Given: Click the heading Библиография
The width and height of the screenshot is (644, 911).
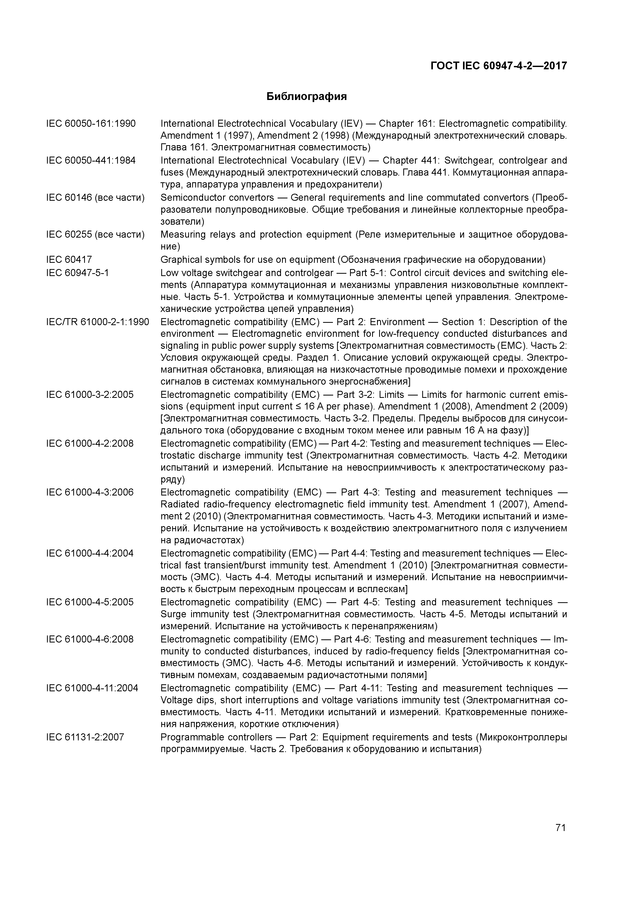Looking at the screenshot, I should pyautogui.click(x=306, y=96).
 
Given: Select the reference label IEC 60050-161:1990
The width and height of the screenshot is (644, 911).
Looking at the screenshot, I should pyautogui.click(x=91, y=124).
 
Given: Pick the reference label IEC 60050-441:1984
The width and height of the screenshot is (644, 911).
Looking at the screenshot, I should pyautogui.click(x=91, y=161).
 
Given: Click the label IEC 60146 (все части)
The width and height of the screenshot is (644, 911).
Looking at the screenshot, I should pyautogui.click(x=95, y=198).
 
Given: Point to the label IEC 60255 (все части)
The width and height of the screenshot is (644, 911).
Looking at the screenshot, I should pyautogui.click(x=95, y=235).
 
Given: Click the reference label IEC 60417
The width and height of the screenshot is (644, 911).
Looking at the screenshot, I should pyautogui.click(x=69, y=259).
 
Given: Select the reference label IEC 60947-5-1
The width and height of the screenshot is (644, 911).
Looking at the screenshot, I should pyautogui.click(x=77, y=273).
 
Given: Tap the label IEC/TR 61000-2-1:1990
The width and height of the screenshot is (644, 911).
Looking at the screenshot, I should pyautogui.click(x=98, y=322).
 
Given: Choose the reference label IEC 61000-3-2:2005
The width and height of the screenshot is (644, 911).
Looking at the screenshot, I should pyautogui.click(x=90, y=395).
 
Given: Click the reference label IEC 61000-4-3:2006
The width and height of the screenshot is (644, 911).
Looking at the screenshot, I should pyautogui.click(x=90, y=492).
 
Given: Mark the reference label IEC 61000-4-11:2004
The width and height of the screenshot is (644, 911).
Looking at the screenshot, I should pyautogui.click(x=92, y=688).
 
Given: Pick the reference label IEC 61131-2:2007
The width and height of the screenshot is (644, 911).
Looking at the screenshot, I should pyautogui.click(x=85, y=737).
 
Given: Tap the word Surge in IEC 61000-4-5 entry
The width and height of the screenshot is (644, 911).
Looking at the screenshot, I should pyautogui.click(x=173, y=614).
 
